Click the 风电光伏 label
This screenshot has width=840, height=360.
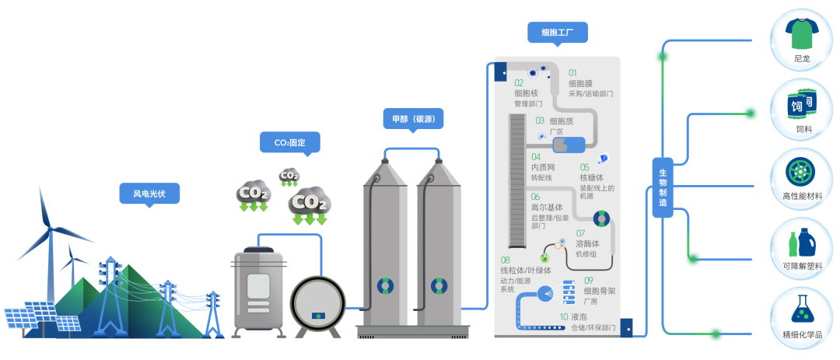149,193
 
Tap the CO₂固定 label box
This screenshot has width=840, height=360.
289,142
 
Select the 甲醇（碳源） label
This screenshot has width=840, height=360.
413,118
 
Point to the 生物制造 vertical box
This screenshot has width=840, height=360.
663,187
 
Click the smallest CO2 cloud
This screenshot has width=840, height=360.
289,176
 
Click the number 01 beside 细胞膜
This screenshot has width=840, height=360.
573,72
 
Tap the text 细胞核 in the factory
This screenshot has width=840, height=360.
526,93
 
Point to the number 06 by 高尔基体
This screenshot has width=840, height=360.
535,197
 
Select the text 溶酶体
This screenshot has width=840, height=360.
586,243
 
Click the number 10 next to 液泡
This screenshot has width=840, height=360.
563,317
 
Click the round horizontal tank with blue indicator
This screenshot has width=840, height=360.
318,304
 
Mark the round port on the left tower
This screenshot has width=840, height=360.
385,286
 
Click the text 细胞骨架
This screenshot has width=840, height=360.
599,291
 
